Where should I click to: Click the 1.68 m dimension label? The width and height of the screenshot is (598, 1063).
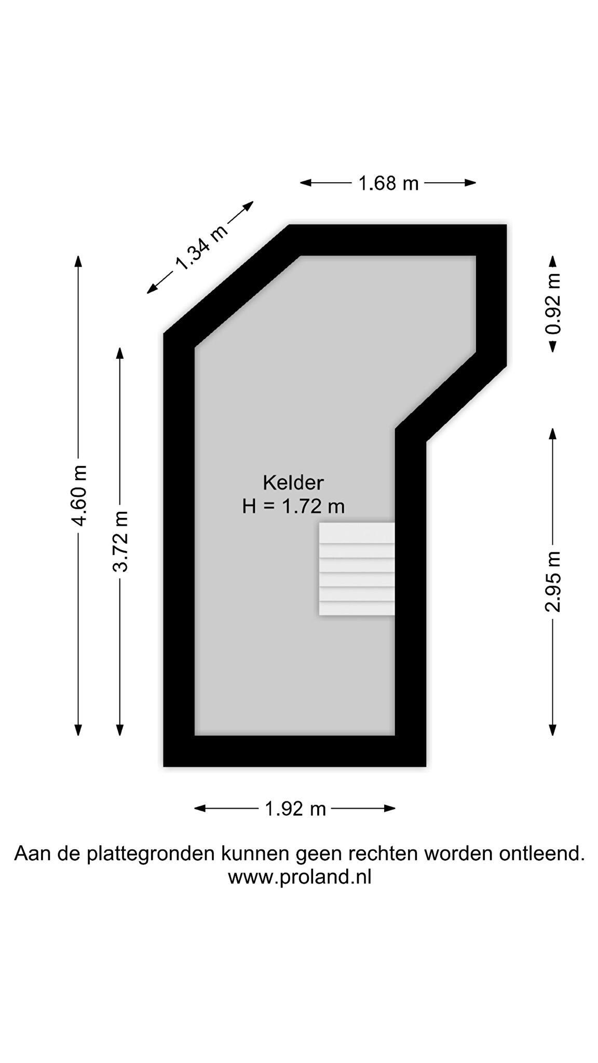tap(388, 183)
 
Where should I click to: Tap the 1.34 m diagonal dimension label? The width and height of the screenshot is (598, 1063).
tap(201, 248)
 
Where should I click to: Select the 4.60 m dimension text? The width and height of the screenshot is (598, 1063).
tap(79, 496)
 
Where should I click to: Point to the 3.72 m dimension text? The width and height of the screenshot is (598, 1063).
tap(120, 541)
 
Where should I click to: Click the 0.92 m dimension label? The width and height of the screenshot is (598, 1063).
tap(553, 304)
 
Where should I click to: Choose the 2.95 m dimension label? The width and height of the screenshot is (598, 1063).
tap(553, 582)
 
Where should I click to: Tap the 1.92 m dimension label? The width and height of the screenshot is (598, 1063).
tap(295, 809)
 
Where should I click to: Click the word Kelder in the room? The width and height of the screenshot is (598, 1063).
tap(293, 483)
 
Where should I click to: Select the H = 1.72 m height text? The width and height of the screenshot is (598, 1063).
tap(293, 506)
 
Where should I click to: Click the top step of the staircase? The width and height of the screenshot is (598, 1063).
tap(357, 533)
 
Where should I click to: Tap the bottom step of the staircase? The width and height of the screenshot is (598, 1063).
tap(357, 608)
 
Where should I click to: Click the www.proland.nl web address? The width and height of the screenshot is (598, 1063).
tap(300, 878)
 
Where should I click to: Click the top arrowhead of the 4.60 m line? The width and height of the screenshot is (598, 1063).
tap(78, 261)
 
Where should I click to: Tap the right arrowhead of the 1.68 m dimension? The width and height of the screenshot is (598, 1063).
tap(470, 183)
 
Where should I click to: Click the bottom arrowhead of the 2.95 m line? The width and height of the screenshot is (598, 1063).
tap(553, 730)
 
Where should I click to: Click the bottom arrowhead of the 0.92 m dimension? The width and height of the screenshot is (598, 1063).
tap(553, 346)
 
